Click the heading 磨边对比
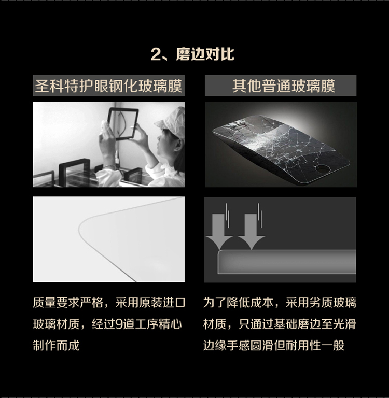click(x=205, y=54)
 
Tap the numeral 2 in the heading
click(x=156, y=54)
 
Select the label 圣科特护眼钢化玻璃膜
click(x=108, y=86)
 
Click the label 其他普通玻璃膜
click(x=283, y=86)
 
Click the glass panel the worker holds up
click(x=123, y=124)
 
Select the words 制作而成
click(x=56, y=346)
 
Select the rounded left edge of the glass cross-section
click(x=219, y=261)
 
